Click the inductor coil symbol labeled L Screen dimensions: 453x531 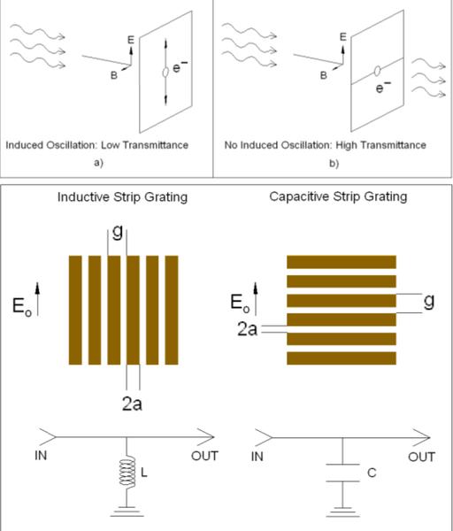(x=127, y=472)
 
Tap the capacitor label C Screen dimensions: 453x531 (x=372, y=473)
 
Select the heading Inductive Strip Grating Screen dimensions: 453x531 (x=122, y=197)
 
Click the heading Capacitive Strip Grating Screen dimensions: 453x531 (x=338, y=196)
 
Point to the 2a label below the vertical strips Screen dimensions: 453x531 (x=132, y=404)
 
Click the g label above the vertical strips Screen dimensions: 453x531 (x=117, y=232)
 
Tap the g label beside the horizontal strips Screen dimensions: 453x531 (x=429, y=301)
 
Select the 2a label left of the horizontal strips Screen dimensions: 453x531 (x=247, y=329)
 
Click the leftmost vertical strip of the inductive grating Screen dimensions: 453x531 (x=75, y=310)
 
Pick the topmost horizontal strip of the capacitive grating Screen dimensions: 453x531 (x=342, y=262)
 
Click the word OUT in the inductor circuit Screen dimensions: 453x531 (x=204, y=456)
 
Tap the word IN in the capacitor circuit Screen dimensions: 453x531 (x=257, y=457)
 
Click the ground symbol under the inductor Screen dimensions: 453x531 (x=127, y=512)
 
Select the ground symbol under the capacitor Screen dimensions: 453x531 (x=342, y=512)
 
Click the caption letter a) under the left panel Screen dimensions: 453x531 (x=98, y=163)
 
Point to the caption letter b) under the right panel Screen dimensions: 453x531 (x=334, y=164)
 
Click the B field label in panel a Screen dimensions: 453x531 (x=114, y=75)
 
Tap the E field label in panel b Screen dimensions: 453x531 (x=343, y=36)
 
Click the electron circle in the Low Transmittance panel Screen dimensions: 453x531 (x=165, y=73)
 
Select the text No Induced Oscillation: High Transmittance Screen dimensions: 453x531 (x=325, y=145)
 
